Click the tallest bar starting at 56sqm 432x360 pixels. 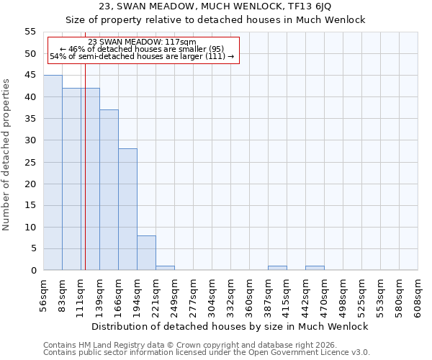click(53, 173)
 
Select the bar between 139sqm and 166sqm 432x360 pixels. click(109, 190)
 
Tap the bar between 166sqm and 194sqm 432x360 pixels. click(127, 210)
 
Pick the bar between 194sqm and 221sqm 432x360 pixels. click(146, 253)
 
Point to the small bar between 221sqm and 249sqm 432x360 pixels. click(165, 268)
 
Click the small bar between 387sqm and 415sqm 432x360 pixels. click(277, 268)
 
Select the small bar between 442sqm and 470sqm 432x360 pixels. click(315, 268)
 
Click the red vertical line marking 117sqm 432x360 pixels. click(85, 180)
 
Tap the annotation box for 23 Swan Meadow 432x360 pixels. click(142, 49)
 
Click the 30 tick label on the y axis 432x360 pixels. click(30, 140)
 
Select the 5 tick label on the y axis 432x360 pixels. click(33, 248)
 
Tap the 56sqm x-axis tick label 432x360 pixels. click(43, 297)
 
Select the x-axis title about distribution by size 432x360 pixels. click(230, 326)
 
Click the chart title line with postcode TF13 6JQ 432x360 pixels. click(215, 6)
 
